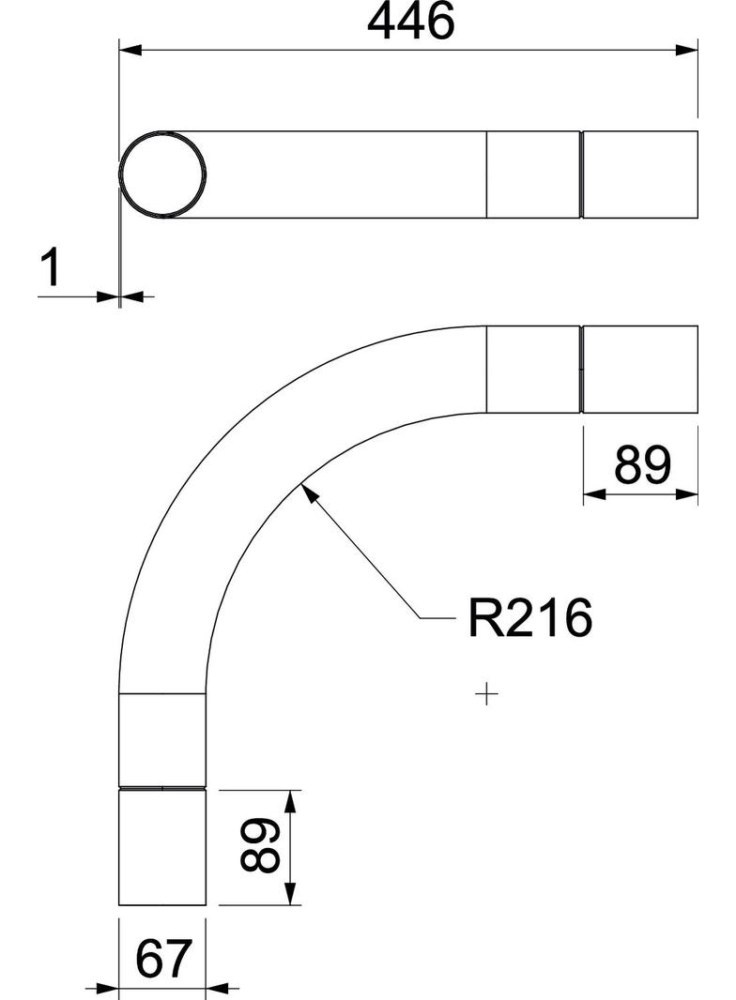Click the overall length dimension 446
[x=410, y=23]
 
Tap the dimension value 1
[x=52, y=267]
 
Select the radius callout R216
[x=530, y=619]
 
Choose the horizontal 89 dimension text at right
[x=643, y=464]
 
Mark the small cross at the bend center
[x=486, y=695]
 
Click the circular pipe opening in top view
[x=162, y=174]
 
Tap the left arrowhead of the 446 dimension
[x=130, y=48]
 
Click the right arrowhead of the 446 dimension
[x=688, y=48]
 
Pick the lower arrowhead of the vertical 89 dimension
[x=290, y=895]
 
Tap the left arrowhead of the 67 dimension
[x=108, y=988]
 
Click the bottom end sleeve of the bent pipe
[x=162, y=848]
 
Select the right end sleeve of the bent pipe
[x=640, y=369]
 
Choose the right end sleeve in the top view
[x=640, y=174]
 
